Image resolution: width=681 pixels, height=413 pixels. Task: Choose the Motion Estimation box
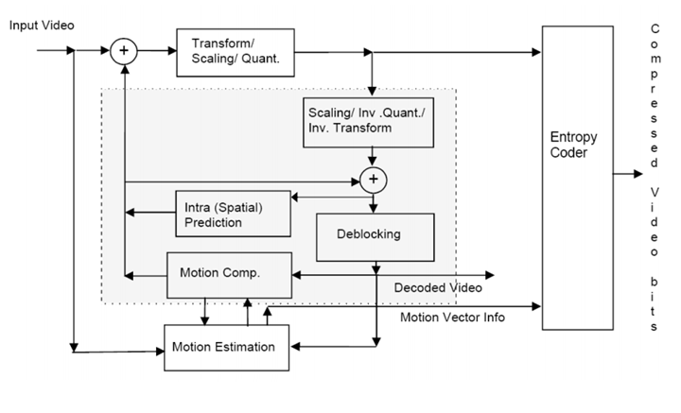223,347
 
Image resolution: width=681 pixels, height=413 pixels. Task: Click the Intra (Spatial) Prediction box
232,215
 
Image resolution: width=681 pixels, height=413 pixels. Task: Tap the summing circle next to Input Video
123,51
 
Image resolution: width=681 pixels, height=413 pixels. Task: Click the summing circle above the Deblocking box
375,177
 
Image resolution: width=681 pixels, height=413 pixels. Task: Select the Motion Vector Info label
452,317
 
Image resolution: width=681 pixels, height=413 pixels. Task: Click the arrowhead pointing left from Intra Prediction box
131,214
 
